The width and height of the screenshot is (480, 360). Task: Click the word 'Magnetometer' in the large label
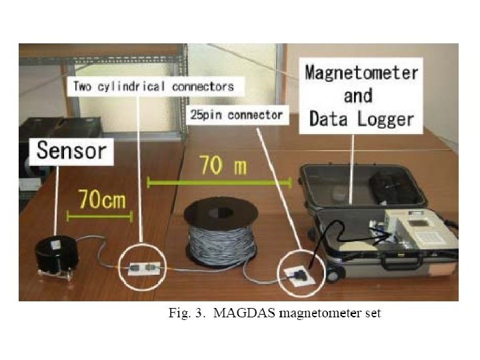[361, 73]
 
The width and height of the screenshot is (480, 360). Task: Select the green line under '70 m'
[219, 181]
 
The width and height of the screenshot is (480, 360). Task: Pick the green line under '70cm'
[99, 215]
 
